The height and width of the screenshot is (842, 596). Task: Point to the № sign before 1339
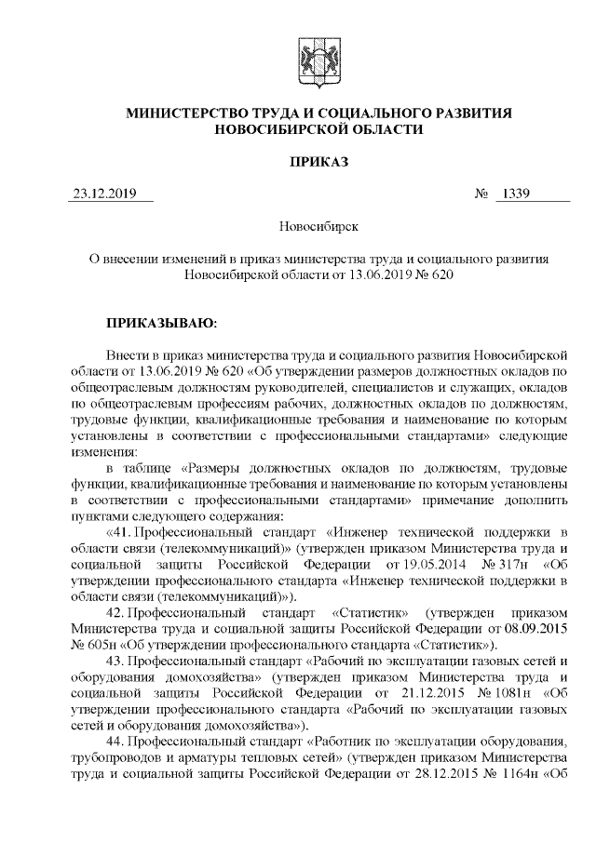(x=482, y=194)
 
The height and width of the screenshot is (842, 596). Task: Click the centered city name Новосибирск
(x=318, y=226)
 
